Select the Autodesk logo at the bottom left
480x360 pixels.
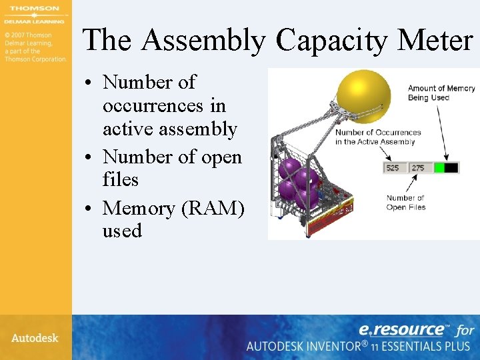tap(35, 338)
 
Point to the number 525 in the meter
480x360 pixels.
tap(393, 168)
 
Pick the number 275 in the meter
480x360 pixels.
tap(418, 168)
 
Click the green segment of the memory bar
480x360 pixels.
tap(439, 168)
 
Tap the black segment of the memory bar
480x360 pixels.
tap(451, 168)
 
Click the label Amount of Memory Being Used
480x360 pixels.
tap(441, 93)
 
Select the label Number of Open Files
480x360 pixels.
tap(405, 203)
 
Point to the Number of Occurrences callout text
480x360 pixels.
tap(377, 137)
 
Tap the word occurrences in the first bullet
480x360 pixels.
tap(164, 106)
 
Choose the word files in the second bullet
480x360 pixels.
tap(120, 180)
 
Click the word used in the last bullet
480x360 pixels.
tap(122, 231)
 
